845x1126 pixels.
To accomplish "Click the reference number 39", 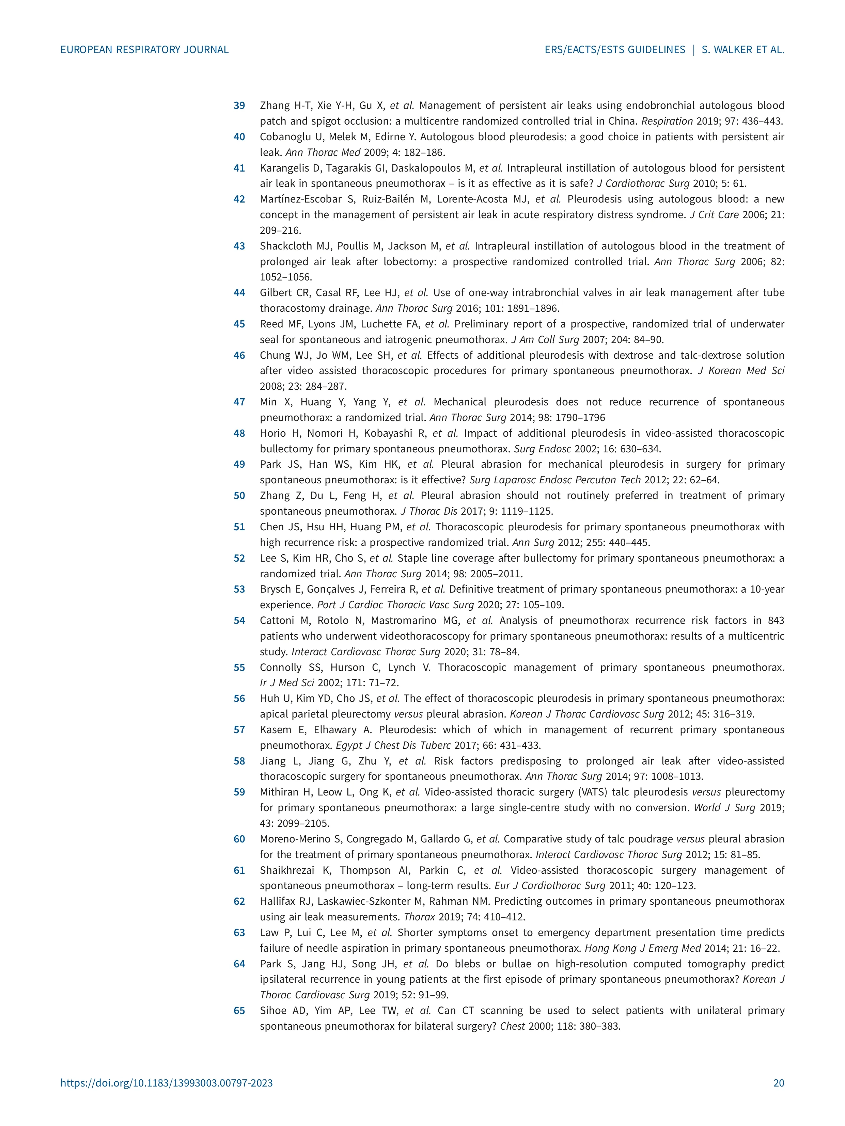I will [x=239, y=106].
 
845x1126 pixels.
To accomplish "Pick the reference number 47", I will [x=239, y=402].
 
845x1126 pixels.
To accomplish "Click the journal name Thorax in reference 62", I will [x=419, y=917].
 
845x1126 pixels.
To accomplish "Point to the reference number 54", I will [x=239, y=621].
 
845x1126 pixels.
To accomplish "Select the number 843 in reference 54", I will [x=775, y=621].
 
